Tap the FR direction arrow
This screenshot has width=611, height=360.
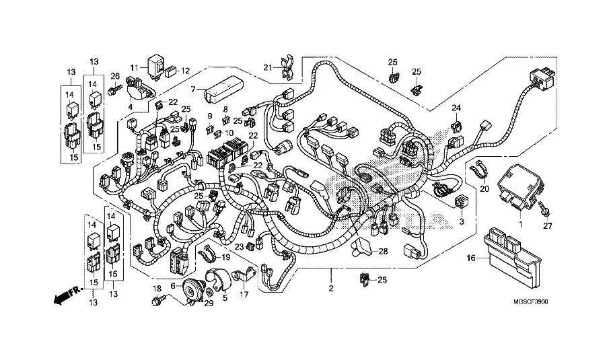[64, 293]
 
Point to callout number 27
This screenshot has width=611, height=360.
[547, 225]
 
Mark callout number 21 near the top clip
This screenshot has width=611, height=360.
[266, 67]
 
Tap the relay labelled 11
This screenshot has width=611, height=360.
[158, 65]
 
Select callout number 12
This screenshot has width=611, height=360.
[186, 70]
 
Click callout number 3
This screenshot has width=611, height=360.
[462, 221]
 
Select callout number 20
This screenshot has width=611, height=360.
[482, 189]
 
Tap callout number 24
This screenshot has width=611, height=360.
[456, 108]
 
